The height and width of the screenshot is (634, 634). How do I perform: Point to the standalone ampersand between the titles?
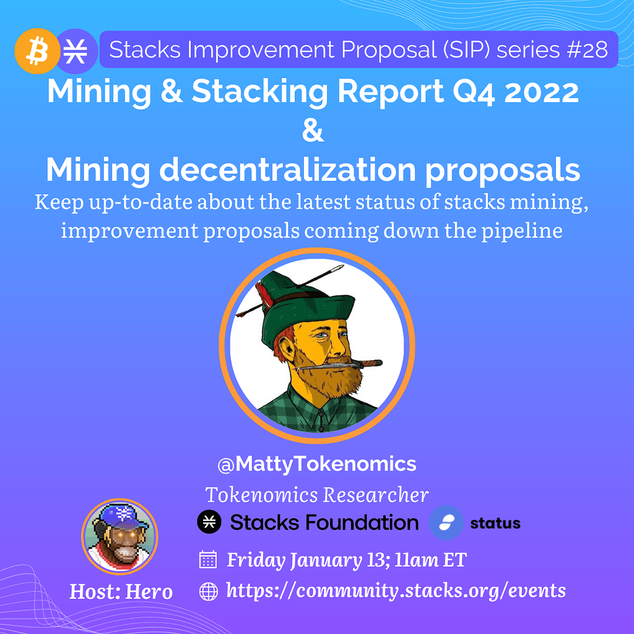pos(313,132)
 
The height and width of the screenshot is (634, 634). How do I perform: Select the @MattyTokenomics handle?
pos(316,464)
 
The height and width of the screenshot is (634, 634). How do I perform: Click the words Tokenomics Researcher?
pos(316,495)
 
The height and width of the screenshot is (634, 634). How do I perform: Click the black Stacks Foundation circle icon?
pos(209,523)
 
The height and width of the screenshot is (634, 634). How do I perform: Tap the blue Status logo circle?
pos(446,523)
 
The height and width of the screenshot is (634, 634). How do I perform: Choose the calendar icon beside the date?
pos(208,560)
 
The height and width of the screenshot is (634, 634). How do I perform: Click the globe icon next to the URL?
pos(209,591)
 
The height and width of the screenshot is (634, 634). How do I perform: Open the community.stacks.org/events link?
pos(396,591)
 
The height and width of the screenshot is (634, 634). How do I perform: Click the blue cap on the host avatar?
pos(118,517)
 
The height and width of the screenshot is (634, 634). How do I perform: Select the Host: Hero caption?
pos(121,592)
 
